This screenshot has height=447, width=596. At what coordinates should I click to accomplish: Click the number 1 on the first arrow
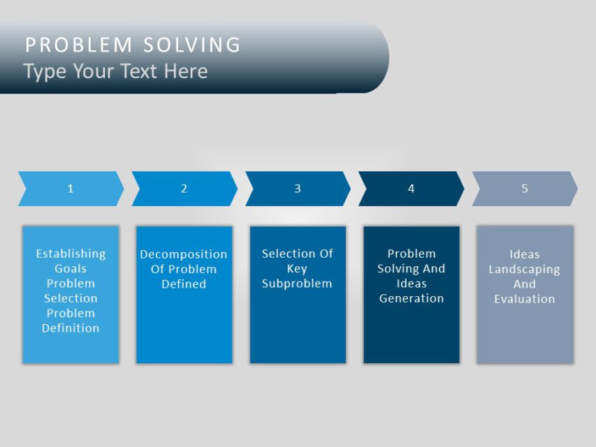tap(71, 189)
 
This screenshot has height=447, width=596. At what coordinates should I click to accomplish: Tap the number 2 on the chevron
tap(184, 189)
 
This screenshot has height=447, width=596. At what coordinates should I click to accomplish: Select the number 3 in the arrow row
tap(298, 189)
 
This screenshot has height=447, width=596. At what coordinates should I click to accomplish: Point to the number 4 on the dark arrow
tap(411, 189)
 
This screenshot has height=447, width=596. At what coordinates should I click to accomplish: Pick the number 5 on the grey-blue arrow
tap(525, 189)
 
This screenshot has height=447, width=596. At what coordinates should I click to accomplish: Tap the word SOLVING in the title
tap(192, 45)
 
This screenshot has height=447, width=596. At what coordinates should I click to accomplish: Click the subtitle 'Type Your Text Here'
tap(115, 71)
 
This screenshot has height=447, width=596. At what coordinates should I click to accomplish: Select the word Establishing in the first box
tap(71, 254)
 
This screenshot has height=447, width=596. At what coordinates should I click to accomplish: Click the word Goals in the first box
tap(71, 268)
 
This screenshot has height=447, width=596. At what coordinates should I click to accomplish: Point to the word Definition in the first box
tap(71, 328)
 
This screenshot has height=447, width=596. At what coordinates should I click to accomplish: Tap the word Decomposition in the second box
tap(184, 254)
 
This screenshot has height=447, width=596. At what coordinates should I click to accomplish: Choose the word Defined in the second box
tap(184, 284)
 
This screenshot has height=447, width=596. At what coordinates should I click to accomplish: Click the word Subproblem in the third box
tap(297, 284)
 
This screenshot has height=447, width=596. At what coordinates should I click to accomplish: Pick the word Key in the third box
tap(297, 269)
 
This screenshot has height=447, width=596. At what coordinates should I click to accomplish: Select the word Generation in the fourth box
tap(412, 298)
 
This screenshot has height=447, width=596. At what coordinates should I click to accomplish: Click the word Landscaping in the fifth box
tap(525, 269)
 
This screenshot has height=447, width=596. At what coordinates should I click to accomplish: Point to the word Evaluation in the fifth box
tap(525, 299)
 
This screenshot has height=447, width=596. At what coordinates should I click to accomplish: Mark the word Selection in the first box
tap(71, 298)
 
